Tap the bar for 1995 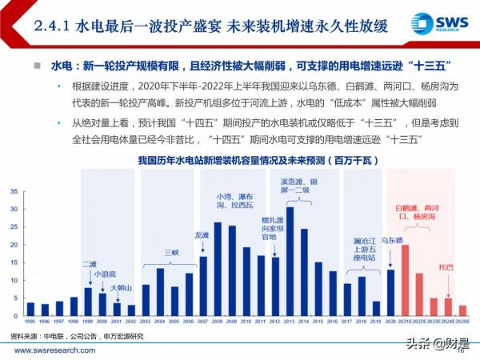point(30,309)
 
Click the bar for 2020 point(390,292)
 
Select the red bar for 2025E point(462,310)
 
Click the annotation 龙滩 point(202,236)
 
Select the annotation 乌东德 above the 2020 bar point(390,262)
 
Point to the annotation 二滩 point(88,263)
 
